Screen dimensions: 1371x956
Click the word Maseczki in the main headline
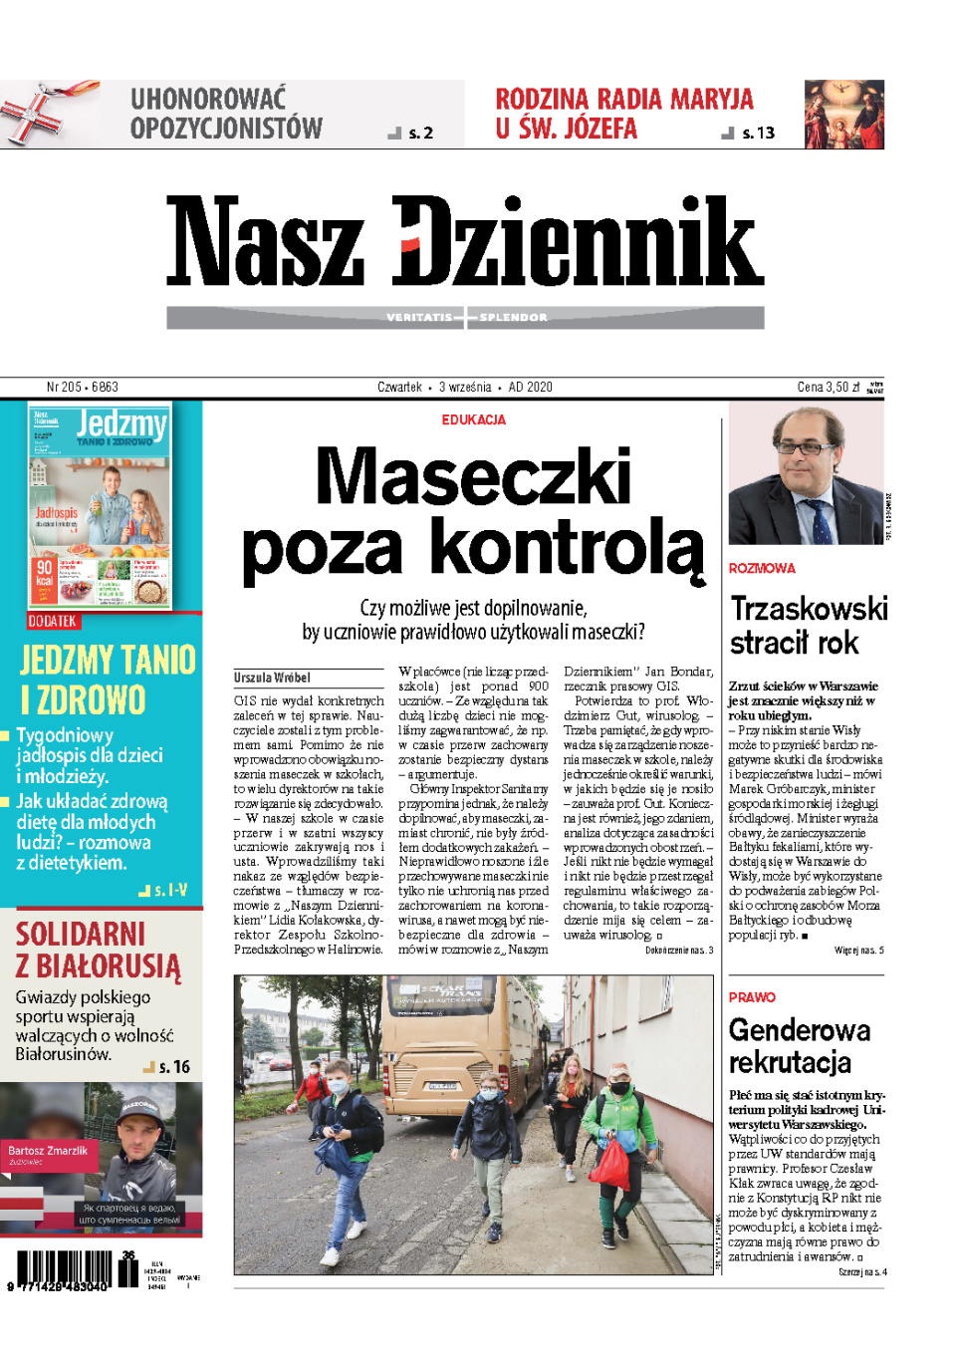click(473, 476)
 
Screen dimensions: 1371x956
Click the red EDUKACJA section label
click(473, 419)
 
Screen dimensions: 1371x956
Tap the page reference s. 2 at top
click(420, 134)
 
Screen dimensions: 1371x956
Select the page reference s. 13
click(758, 134)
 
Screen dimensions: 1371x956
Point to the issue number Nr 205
click(64, 387)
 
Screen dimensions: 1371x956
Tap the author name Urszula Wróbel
click(272, 678)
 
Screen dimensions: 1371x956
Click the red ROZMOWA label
click(762, 568)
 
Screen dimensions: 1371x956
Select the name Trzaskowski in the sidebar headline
click(809, 609)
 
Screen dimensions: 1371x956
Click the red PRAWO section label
click(751, 997)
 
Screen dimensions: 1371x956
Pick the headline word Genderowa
click(799, 1030)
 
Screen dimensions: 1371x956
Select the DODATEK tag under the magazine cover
click(52, 621)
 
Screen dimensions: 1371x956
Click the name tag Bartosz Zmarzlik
click(48, 1150)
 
